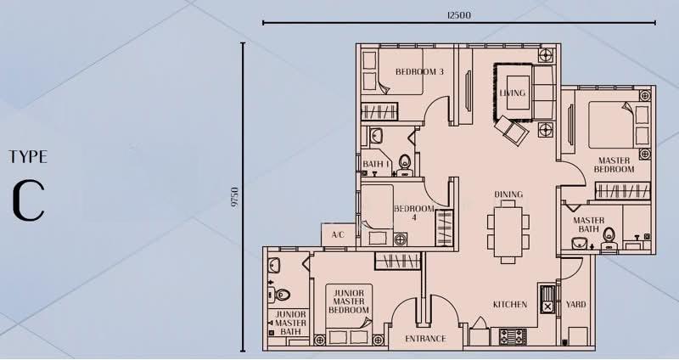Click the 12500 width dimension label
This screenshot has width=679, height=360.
pyautogui.click(x=458, y=15)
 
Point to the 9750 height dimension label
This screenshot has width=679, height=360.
pyautogui.click(x=235, y=198)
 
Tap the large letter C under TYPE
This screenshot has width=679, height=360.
pyautogui.click(x=29, y=200)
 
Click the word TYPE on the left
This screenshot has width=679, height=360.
pyautogui.click(x=28, y=157)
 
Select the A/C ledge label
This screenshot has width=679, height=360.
pyautogui.click(x=338, y=235)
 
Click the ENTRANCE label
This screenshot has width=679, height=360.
pyautogui.click(x=425, y=339)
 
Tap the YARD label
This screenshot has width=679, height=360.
pyautogui.click(x=575, y=305)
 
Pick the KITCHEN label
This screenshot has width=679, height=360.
pyautogui.click(x=510, y=305)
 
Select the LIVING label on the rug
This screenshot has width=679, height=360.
pyautogui.click(x=513, y=93)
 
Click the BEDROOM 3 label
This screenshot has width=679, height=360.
pyautogui.click(x=419, y=72)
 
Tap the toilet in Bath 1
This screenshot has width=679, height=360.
pyautogui.click(x=405, y=165)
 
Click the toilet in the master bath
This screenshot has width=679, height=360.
pyautogui.click(x=609, y=239)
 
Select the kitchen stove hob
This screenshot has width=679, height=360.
pyautogui.click(x=513, y=336)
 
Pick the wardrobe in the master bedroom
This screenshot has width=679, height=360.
pyautogui.click(x=622, y=191)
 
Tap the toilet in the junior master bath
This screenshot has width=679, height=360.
pyautogui.click(x=280, y=295)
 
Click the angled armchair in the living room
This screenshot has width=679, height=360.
pyautogui.click(x=512, y=130)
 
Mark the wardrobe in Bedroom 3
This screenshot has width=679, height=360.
pyautogui.click(x=379, y=111)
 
